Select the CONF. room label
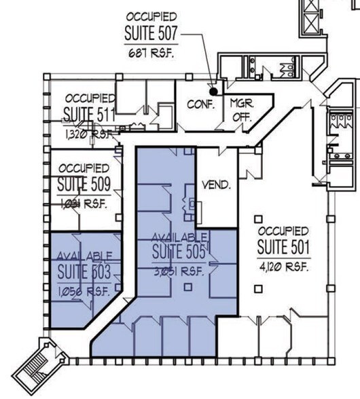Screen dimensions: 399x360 click(201, 105)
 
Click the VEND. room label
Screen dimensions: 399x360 click(216, 185)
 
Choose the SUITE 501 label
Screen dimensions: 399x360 click(284, 249)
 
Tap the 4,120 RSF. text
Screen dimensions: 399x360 click(284, 267)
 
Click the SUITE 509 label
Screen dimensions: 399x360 click(83, 185)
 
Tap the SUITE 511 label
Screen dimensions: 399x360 click(89, 113)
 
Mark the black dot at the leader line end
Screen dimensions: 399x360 click(213, 91)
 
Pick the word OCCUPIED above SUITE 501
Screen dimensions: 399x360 click(284, 232)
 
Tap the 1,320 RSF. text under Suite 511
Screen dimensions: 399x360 click(88, 134)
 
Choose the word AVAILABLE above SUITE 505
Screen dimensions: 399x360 click(179, 237)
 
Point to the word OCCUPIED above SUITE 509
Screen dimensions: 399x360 click(83, 167)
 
